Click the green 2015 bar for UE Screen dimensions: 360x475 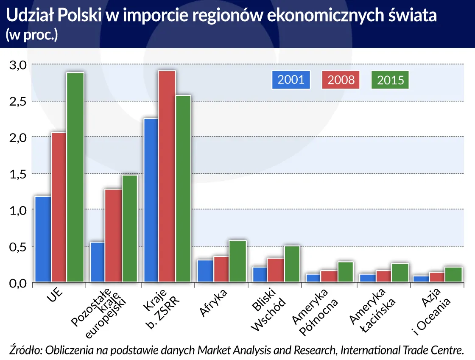[x=75, y=177]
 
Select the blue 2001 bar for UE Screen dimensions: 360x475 [x=43, y=239]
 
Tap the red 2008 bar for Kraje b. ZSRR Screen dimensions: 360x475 [x=167, y=176]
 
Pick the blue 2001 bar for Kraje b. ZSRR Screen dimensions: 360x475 [x=151, y=200]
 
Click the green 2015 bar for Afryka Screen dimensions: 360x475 [x=237, y=261]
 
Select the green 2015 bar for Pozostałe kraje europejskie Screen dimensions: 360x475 [x=129, y=229]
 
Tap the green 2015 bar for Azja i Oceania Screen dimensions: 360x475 [x=453, y=274]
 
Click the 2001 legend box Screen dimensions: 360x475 [x=291, y=79]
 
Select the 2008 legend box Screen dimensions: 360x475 [x=341, y=79]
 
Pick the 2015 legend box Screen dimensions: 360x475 [x=390, y=80]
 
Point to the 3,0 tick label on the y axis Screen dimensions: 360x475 [x=18, y=65]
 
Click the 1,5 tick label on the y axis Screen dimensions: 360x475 [x=18, y=174]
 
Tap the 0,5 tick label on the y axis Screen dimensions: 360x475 [x=18, y=247]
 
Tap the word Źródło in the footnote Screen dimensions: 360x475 [x=25, y=350]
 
